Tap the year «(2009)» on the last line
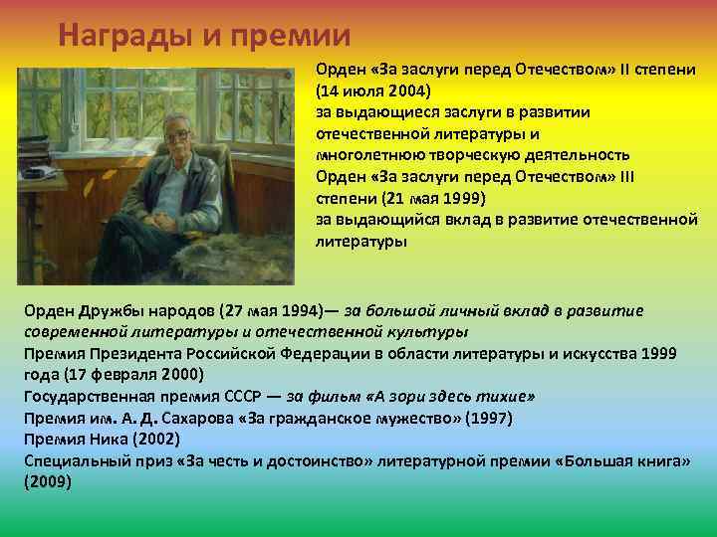point(48,482)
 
